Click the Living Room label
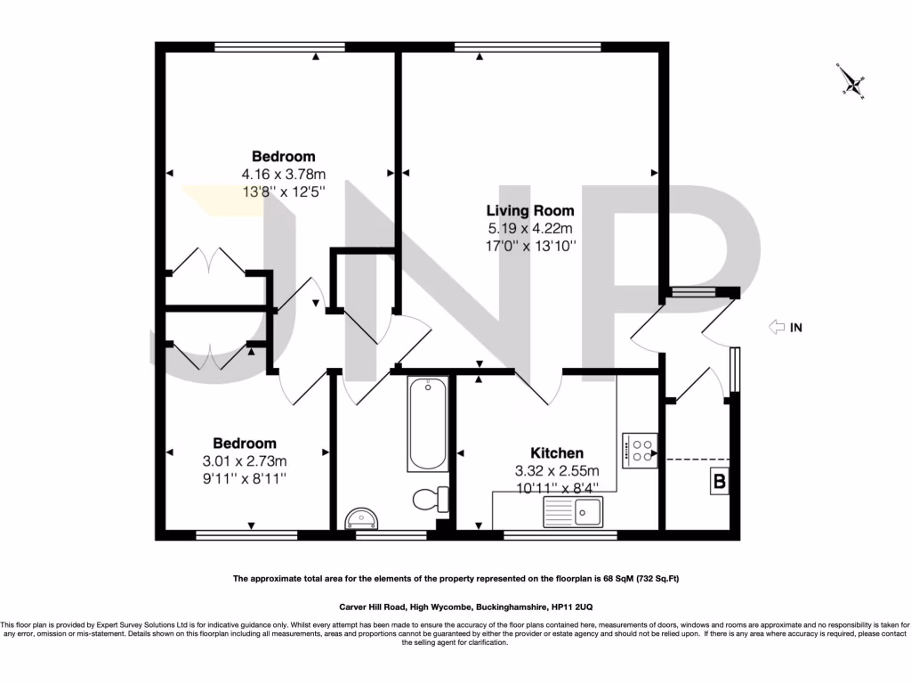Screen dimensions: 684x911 [529, 211]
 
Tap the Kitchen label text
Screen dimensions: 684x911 [557, 453]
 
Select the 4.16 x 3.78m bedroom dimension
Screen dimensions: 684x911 [283, 174]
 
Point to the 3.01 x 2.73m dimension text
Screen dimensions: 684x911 [245, 460]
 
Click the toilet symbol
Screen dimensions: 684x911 [432, 499]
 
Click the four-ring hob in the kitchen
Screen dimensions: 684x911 [640, 450]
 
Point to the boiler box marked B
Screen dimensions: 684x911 [717, 482]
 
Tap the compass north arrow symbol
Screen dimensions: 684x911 [853, 82]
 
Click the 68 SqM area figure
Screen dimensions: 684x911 [617, 579]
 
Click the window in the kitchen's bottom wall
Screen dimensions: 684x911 [560, 535]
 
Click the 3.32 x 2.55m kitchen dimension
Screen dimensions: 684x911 [557, 470]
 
